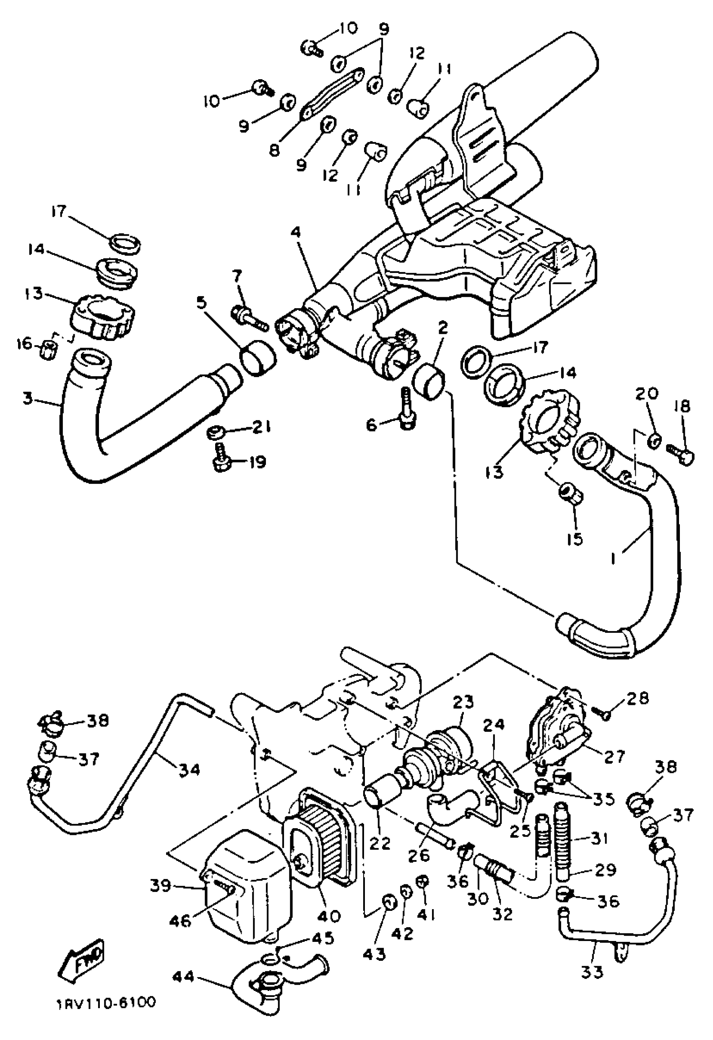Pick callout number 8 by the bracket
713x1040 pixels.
(x=274, y=149)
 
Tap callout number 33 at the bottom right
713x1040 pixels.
(x=592, y=982)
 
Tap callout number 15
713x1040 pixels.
(x=575, y=539)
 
